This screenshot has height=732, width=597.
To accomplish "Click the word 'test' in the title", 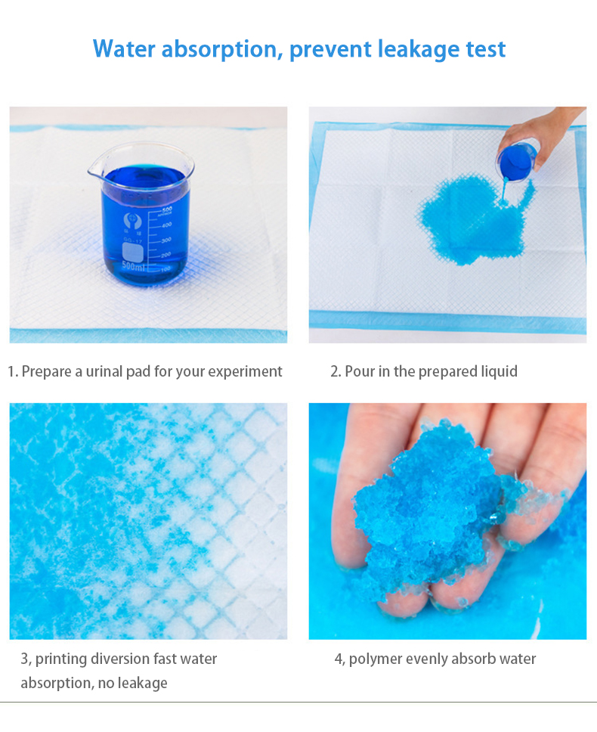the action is pos(485,49).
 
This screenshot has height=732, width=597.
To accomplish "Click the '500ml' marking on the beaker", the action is pos(133,266).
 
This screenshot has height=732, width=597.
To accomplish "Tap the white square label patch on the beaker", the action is pos(132,252).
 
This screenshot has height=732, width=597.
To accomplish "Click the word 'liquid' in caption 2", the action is pos(499,371).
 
